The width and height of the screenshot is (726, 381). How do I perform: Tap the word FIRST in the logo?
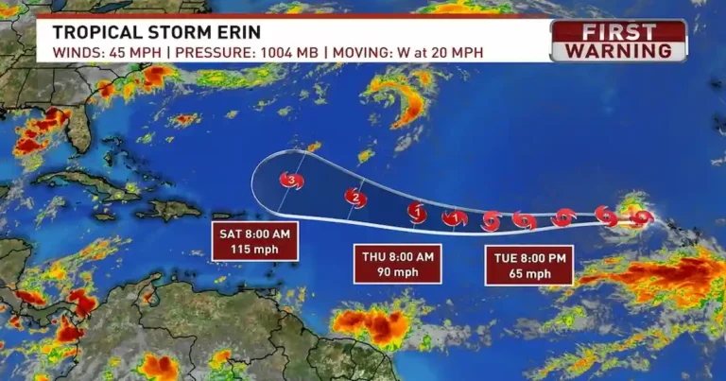(x=619, y=31)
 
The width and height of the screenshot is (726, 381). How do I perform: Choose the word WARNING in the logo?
(x=619, y=49)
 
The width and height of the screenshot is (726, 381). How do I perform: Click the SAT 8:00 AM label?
(x=255, y=234)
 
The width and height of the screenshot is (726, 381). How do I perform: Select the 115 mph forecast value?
(x=255, y=250)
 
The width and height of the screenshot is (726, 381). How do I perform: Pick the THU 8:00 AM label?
(x=398, y=256)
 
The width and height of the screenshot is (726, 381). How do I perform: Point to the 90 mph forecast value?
(x=398, y=272)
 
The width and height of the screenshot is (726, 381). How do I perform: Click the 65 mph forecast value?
(x=529, y=274)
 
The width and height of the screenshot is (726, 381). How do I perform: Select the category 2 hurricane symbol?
(x=355, y=198)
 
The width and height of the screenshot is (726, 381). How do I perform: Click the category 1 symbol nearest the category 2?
(x=417, y=213)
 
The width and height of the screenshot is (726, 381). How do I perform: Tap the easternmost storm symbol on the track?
(x=642, y=217)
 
